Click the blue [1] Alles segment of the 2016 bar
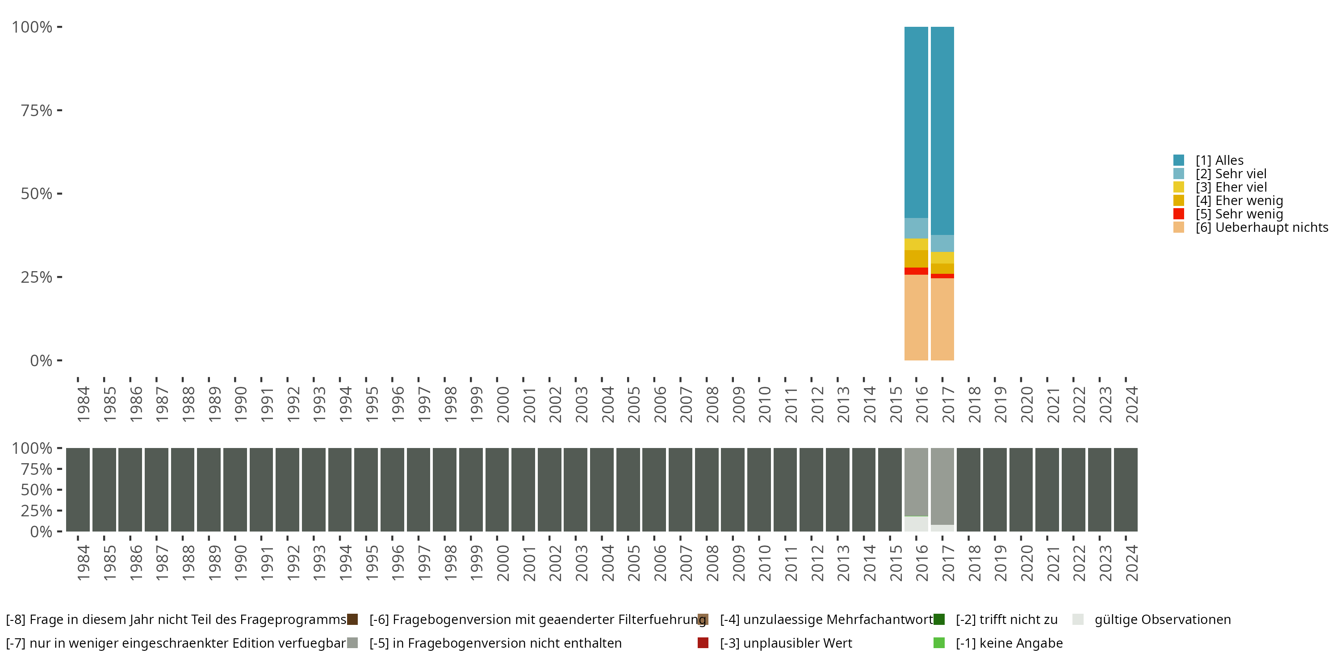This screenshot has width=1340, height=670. pyautogui.click(x=916, y=122)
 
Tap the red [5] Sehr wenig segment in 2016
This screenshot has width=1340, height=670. pyautogui.click(x=916, y=271)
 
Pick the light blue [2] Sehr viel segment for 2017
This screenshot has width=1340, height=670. pyautogui.click(x=942, y=243)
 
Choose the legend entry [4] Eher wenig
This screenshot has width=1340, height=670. pyautogui.click(x=1239, y=201)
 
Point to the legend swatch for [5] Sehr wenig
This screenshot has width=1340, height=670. pyautogui.click(x=1179, y=214)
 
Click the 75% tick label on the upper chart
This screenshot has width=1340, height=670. pyautogui.click(x=37, y=110)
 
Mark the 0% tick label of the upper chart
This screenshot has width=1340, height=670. pyautogui.click(x=41, y=360)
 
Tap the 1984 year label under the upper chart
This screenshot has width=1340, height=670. pyautogui.click(x=83, y=404)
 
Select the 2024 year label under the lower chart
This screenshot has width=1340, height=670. pyautogui.click(x=1131, y=563)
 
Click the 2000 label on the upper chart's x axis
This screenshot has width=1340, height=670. pyautogui.click(x=502, y=404)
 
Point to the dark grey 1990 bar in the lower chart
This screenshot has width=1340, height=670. pyautogui.click(x=235, y=490)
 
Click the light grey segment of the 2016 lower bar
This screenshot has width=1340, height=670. pyautogui.click(x=916, y=482)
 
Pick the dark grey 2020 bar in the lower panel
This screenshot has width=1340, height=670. pyautogui.click(x=1021, y=490)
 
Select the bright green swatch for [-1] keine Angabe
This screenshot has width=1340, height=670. pyautogui.click(x=939, y=643)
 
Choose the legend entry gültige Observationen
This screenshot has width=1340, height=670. pyautogui.click(x=1162, y=620)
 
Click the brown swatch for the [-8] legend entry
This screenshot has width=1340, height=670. pyautogui.click(x=352, y=620)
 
